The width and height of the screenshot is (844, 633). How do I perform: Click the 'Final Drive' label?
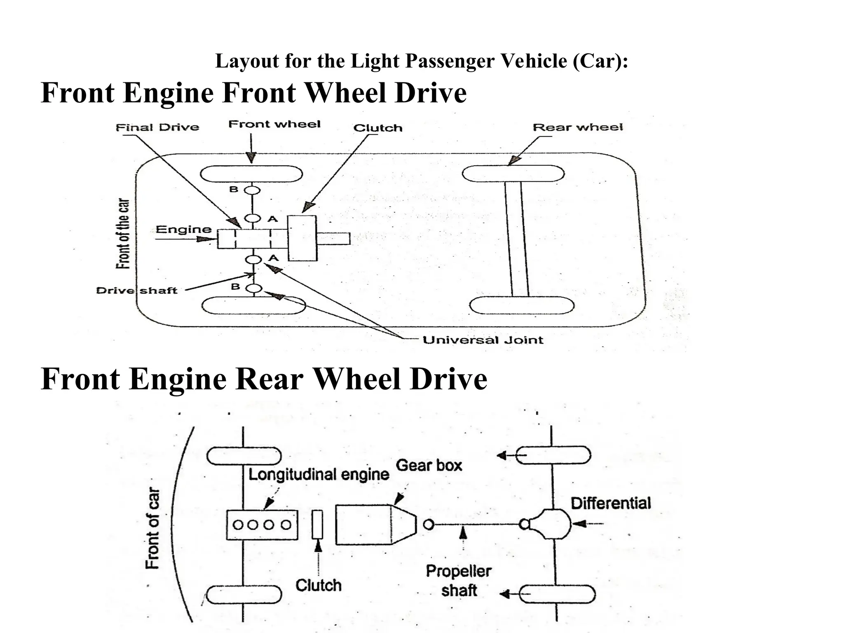click(157, 127)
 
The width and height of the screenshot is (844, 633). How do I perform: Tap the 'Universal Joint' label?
click(483, 340)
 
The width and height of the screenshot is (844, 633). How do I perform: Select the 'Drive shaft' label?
click(136, 291)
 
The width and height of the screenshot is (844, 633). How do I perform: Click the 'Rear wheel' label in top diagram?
click(578, 127)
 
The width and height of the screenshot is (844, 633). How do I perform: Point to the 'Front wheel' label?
click(274, 124)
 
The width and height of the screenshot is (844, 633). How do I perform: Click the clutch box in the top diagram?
click(302, 238)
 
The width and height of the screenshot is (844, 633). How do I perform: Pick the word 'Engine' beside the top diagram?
click(184, 230)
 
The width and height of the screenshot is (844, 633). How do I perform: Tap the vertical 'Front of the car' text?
click(123, 234)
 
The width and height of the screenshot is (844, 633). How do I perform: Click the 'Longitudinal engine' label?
click(319, 474)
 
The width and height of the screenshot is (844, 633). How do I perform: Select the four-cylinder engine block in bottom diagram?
click(262, 525)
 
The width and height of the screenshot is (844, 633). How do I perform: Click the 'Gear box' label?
click(429, 466)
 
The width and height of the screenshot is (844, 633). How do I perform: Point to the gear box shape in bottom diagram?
click(371, 525)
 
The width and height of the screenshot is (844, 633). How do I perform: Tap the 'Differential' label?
click(611, 503)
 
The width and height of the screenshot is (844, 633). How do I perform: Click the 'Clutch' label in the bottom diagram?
click(319, 585)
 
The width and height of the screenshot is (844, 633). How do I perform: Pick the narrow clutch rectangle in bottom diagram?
click(317, 524)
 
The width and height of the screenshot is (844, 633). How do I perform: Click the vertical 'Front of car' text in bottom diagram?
click(152, 528)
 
